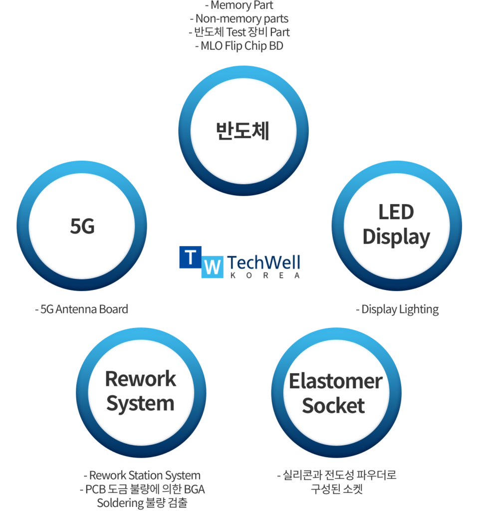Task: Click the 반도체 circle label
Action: tap(242, 131)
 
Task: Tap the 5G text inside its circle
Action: tap(82, 226)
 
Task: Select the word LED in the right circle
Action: tap(396, 212)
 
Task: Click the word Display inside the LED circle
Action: tap(396, 237)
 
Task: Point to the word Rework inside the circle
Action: tap(141, 379)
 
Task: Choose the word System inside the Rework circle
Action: tap(141, 403)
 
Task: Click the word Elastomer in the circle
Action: tap(335, 381)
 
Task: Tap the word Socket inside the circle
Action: tap(334, 405)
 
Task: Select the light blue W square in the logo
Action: tap(212, 267)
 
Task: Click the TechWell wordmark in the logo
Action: tap(263, 262)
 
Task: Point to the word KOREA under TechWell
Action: tap(263, 275)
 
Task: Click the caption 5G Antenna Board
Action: tap(81, 309)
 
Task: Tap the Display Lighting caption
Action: tap(397, 309)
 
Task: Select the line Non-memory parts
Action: tap(239, 19)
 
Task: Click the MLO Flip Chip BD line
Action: tap(239, 46)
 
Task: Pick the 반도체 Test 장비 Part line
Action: tap(239, 32)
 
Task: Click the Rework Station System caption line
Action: tap(142, 475)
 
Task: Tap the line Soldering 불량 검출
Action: tap(142, 503)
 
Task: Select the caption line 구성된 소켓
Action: tap(336, 489)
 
